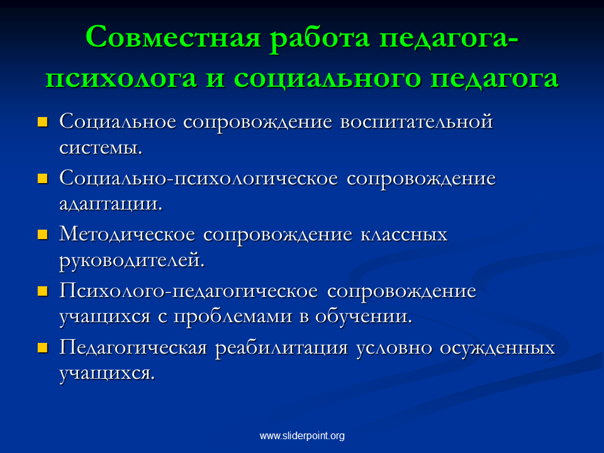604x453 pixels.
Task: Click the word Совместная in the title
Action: tap(174, 37)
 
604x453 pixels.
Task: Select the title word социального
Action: tap(327, 78)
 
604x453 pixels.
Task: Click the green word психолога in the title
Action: tap(121, 78)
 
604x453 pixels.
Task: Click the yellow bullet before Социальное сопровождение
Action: tap(42, 122)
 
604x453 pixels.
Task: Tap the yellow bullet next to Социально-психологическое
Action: tap(42, 178)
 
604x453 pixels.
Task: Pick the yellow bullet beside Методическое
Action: tap(42, 235)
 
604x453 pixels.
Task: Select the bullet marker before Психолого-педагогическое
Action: tap(42, 291)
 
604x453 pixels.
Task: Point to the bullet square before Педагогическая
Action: tap(42, 348)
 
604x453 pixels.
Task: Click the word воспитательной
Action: tap(417, 121)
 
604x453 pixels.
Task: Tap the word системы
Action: tap(101, 147)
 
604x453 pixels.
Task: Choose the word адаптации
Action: tap(111, 204)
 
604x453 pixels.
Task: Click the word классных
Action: tap(404, 235)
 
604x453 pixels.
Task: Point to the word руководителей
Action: tap(131, 260)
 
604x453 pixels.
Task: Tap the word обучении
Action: tap(364, 316)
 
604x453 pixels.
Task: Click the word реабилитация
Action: tap(281, 348)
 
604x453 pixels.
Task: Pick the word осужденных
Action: tap(497, 348)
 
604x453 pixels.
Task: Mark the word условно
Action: tap(394, 348)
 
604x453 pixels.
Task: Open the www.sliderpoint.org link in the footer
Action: tap(302, 435)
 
